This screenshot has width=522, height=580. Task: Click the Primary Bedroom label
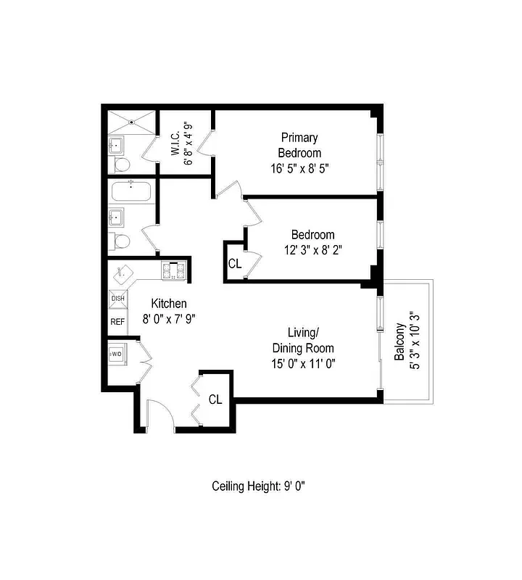pos(299,145)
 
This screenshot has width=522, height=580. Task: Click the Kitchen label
pos(168,304)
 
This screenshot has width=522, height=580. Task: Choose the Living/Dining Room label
pos(298,341)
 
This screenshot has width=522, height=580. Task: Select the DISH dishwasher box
pos(117,298)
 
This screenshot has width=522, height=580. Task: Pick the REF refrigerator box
pos(117,321)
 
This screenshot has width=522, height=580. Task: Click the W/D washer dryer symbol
pos(116,355)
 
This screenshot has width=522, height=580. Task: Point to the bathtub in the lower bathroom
pos(131,193)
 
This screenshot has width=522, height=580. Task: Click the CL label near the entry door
pos(215,399)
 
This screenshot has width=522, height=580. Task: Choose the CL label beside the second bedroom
pos(234,264)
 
